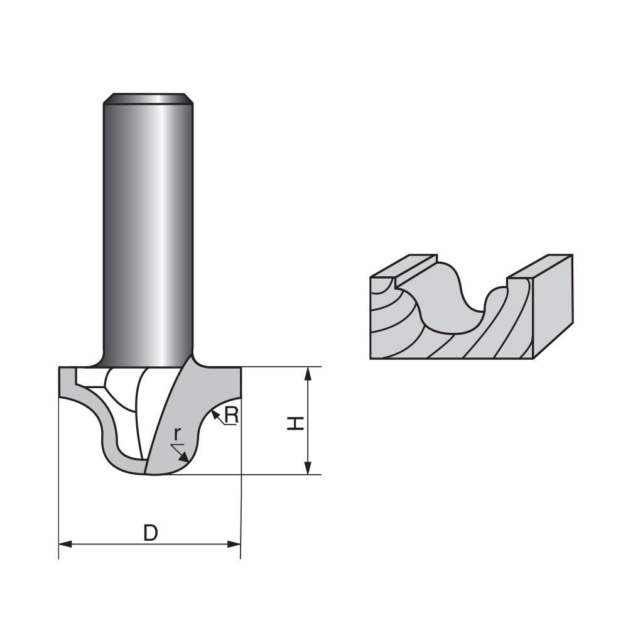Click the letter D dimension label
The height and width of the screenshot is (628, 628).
[x=149, y=533]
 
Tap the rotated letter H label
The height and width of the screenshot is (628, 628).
[x=295, y=423]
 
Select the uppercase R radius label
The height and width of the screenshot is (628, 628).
[x=231, y=415]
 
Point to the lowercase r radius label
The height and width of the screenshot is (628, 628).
[x=177, y=433]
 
